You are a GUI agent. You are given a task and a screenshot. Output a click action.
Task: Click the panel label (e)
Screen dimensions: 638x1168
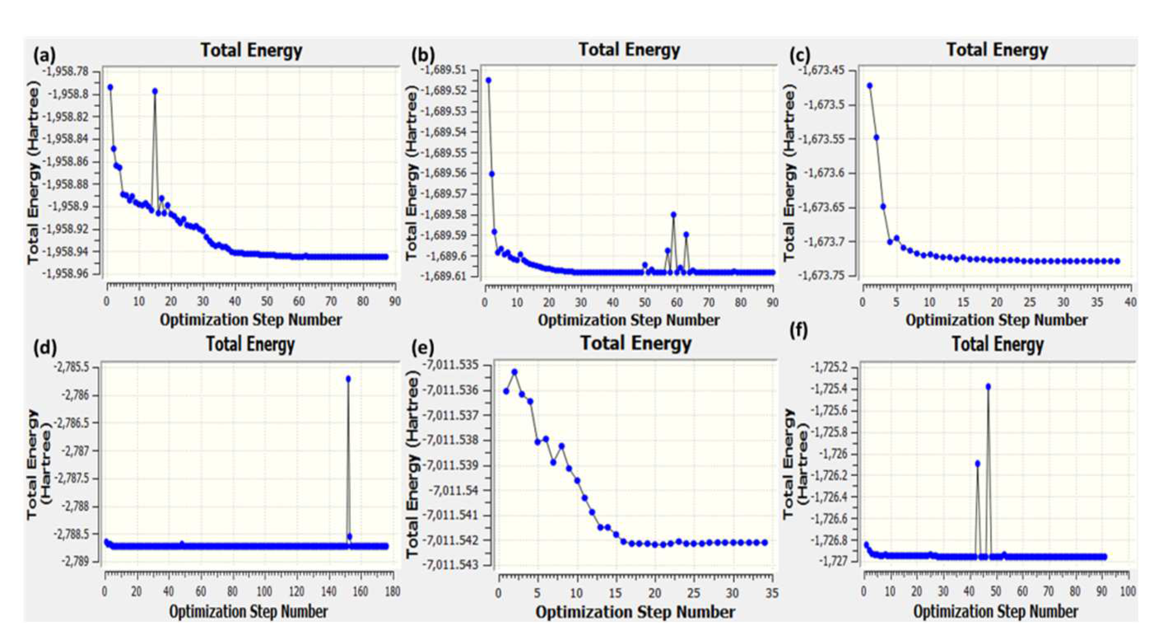(422, 348)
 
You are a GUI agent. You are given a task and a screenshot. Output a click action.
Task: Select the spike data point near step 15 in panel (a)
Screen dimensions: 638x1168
(155, 91)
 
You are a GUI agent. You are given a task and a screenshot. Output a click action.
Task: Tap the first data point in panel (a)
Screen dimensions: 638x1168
(110, 87)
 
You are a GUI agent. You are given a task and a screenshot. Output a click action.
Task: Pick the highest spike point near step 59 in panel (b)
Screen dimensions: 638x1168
(673, 215)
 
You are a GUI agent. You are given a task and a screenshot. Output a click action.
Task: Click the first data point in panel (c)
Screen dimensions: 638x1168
(869, 85)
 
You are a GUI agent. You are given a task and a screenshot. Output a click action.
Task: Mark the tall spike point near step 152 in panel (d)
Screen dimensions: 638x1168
(348, 379)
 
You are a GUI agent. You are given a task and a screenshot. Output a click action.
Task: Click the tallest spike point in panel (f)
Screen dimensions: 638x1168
(989, 386)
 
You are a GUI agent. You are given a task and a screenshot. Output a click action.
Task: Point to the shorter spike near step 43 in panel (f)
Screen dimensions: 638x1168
(978, 463)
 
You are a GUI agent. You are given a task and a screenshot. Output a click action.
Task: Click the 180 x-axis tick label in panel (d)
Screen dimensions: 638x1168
(393, 592)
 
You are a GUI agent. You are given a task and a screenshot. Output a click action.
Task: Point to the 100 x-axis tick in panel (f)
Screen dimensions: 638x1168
(1128, 592)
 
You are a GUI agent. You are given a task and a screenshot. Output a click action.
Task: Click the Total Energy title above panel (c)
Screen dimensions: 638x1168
(997, 50)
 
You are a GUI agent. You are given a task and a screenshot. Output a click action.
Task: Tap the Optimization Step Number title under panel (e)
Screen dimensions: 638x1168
(635, 612)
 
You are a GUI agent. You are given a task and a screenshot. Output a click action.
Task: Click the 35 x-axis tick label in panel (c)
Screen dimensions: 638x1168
(1097, 302)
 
